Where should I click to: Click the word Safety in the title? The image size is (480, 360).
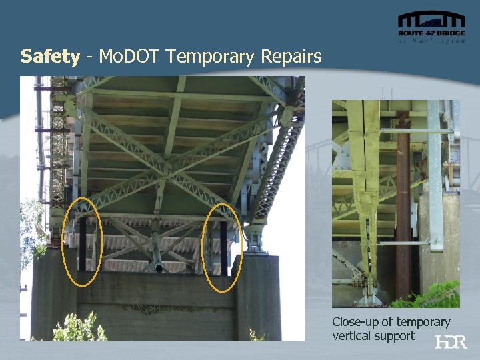pos(50,56)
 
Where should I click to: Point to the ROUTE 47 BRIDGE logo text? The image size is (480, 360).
pos(431,33)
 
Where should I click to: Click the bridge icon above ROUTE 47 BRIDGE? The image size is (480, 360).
pos(431,19)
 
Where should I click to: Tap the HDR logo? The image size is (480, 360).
pos(451,342)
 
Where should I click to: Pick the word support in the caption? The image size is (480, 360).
pos(395,336)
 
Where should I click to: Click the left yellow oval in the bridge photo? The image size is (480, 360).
pos(82,241)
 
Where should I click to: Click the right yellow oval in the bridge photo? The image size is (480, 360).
pos(222,247)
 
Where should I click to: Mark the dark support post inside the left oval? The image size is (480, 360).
pos(83,245)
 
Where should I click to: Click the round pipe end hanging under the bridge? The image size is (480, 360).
pos(159,268)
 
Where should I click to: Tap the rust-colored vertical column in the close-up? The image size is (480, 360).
pos(403,213)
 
